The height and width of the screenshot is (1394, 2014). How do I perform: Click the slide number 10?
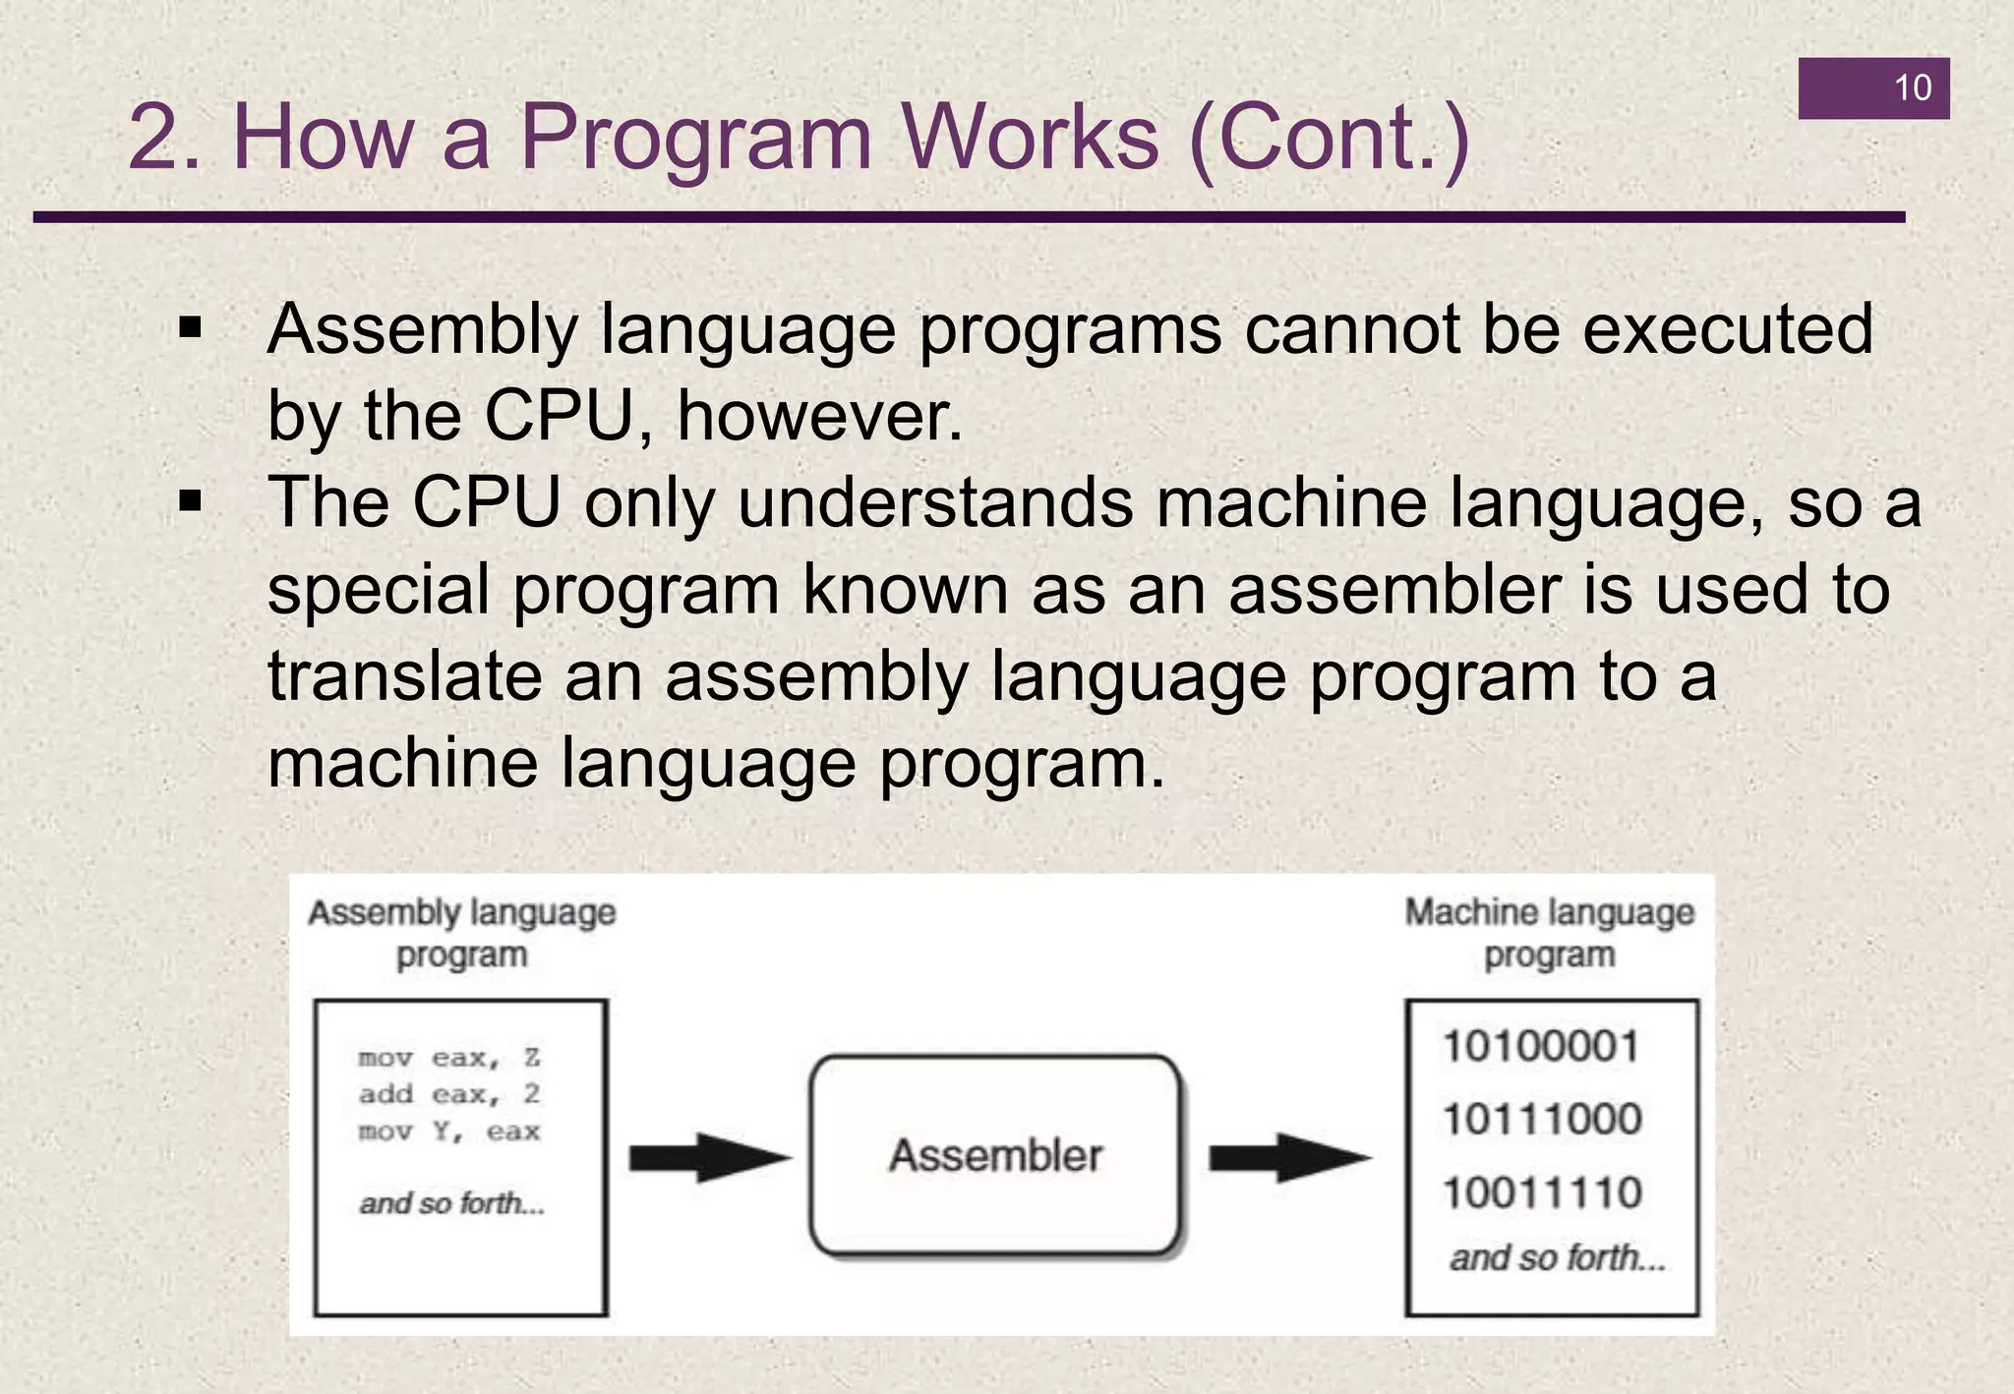click(x=1912, y=88)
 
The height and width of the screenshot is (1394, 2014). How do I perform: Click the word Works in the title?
click(x=1031, y=138)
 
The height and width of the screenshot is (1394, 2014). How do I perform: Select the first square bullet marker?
click(x=190, y=327)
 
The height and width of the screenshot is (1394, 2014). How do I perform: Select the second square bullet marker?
click(x=190, y=502)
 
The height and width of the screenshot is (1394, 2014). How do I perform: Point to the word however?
click(x=819, y=416)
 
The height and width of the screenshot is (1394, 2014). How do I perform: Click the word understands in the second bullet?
click(x=935, y=502)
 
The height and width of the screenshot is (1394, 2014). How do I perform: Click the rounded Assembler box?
click(x=994, y=1155)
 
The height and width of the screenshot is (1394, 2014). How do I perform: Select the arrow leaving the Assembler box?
click(x=1288, y=1157)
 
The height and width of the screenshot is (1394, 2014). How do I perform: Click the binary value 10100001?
click(x=1541, y=1046)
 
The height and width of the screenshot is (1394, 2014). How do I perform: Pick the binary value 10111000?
click(x=1541, y=1120)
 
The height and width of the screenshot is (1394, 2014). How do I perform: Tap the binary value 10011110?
click(x=1541, y=1193)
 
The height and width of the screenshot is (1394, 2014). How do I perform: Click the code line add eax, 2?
click(x=448, y=1094)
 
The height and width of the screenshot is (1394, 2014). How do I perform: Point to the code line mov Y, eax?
click(x=448, y=1132)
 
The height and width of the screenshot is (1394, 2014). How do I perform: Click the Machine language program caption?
click(x=1549, y=933)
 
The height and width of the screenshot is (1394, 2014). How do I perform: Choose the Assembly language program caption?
click(x=461, y=933)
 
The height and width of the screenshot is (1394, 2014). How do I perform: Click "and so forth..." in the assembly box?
click(x=451, y=1203)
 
